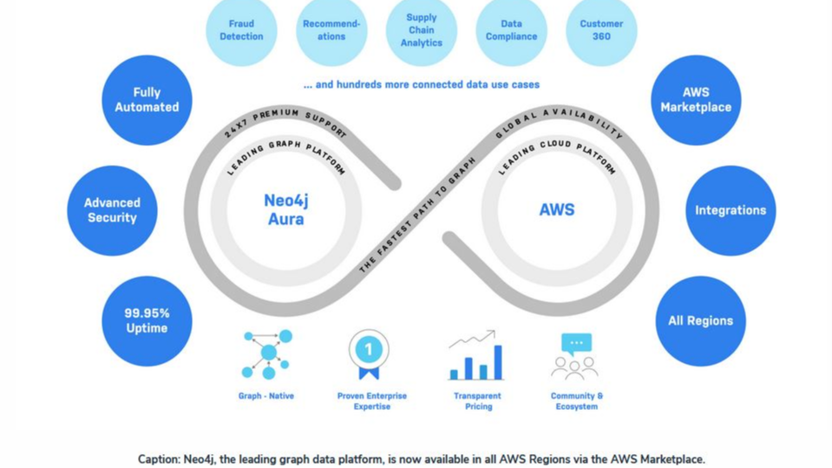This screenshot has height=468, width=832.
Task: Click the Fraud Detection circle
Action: coord(241,30)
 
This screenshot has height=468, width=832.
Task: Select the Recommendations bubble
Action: coord(331,30)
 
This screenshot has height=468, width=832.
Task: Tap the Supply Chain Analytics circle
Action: coord(422,30)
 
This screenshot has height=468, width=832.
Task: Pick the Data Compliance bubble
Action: coord(511,30)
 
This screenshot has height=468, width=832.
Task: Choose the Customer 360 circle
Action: coord(601,30)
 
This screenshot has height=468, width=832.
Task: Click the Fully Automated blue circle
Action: coord(147,100)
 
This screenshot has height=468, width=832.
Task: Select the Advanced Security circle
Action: coord(112,210)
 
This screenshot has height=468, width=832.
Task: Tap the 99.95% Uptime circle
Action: coord(147,320)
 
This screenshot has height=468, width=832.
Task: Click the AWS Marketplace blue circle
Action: coord(696,100)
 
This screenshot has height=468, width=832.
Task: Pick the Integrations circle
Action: coord(730,210)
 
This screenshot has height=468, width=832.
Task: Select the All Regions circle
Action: coord(700,320)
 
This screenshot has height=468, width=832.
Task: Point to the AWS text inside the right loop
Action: coord(556,210)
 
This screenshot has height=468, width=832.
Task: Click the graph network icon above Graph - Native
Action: coord(266,353)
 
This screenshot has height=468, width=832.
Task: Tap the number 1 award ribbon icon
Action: coord(368,351)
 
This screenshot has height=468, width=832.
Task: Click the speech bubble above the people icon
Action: coord(576,342)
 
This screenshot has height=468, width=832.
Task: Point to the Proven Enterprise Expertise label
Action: coord(371,401)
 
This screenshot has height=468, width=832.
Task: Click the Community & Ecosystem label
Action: coord(576,401)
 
